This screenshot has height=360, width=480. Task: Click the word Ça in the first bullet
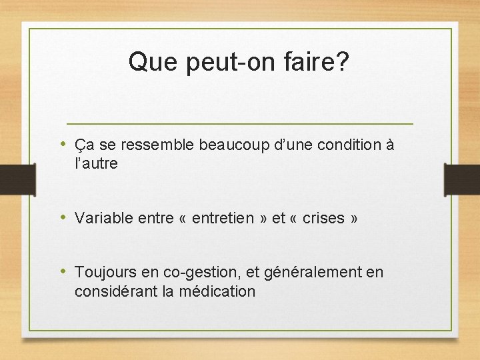(83, 145)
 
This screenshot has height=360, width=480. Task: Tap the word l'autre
(97, 163)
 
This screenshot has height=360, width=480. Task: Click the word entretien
(223, 218)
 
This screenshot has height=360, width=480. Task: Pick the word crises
(323, 218)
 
